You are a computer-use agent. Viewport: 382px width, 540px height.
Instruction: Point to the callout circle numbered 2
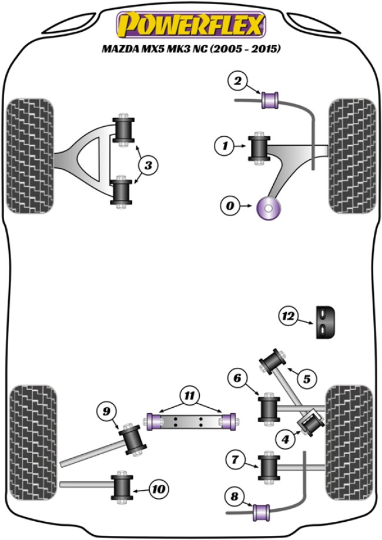coord(237,82)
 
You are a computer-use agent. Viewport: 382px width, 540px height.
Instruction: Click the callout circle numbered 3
coord(148,166)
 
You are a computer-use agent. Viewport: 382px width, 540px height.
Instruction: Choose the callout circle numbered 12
coord(288,317)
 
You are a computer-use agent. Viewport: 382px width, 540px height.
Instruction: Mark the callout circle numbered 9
coord(107,412)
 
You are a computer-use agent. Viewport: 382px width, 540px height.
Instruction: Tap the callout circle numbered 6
coord(236,378)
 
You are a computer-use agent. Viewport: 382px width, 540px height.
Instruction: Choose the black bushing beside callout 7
coord(269,467)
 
